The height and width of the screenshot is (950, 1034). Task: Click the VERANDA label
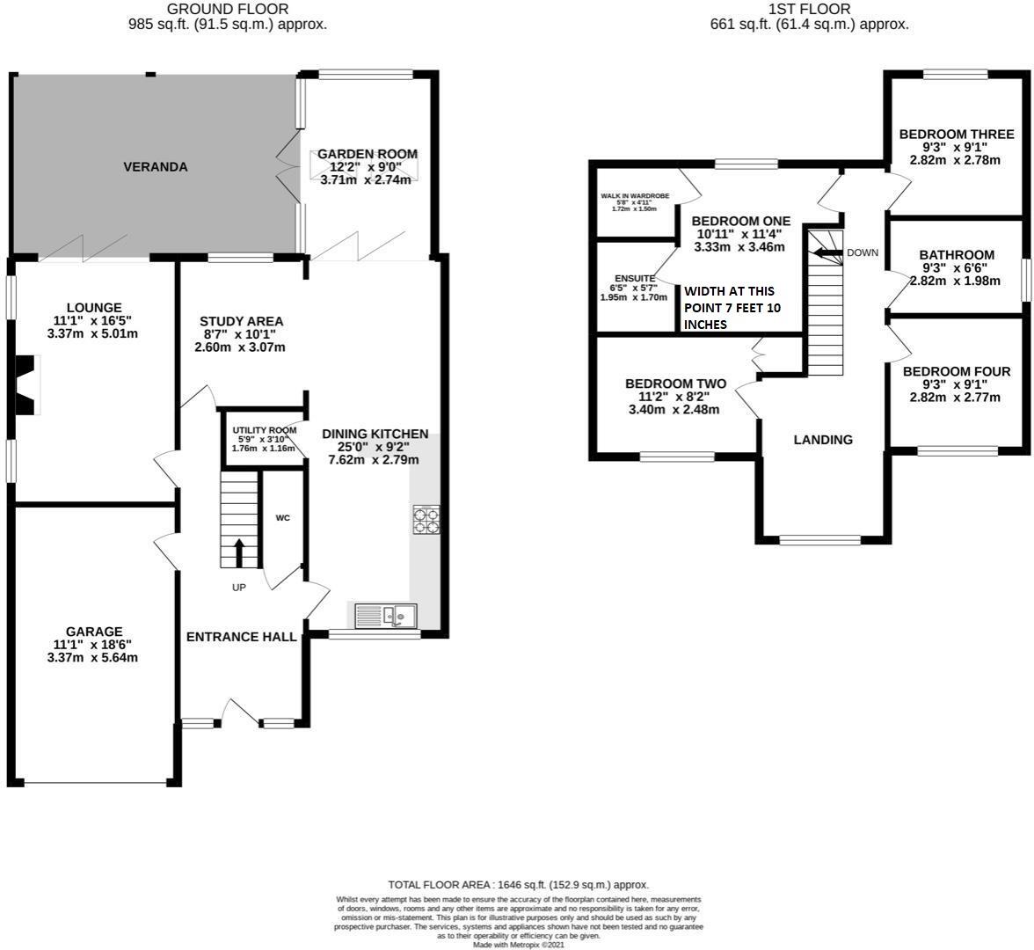[155, 166]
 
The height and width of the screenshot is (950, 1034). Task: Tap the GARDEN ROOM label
[367, 154]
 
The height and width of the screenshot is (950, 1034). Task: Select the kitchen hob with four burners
[426, 520]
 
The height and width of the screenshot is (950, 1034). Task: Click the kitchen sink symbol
[386, 615]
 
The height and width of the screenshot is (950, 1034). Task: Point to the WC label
[282, 518]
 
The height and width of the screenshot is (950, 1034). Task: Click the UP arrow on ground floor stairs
[239, 553]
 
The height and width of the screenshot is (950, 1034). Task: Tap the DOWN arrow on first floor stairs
[825, 253]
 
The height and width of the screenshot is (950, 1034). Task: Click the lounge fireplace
[27, 384]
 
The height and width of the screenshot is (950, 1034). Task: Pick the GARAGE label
[94, 631]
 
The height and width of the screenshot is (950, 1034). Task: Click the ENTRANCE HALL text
[241, 637]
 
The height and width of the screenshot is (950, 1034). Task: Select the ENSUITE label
[628, 278]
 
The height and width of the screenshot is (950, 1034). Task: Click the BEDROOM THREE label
[956, 135]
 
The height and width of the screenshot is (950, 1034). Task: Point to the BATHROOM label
[957, 255]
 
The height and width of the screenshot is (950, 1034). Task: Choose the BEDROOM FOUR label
[957, 371]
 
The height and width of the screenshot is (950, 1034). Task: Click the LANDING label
[823, 440]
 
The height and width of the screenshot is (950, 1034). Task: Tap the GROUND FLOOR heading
[227, 9]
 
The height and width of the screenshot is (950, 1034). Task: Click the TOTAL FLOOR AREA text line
[519, 885]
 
